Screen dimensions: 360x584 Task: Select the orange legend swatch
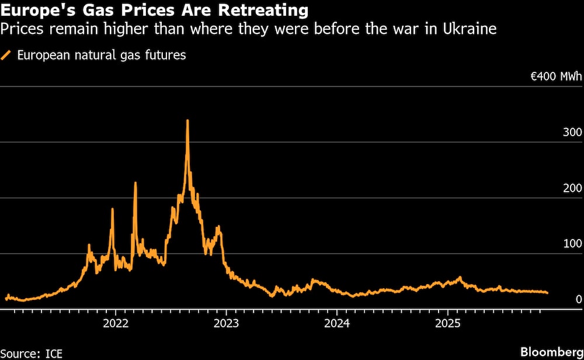7,56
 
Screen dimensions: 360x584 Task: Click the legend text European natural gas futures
102,56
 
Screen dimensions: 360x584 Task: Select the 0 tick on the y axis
578,299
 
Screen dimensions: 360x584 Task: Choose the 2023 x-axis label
226,323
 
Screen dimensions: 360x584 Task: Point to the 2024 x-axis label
337,323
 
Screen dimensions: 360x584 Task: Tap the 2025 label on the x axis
447,323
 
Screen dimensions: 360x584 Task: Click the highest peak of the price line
187,121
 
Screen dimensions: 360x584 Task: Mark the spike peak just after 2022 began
135,184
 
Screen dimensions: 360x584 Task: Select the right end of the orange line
547,293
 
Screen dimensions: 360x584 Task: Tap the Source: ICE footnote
32,353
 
